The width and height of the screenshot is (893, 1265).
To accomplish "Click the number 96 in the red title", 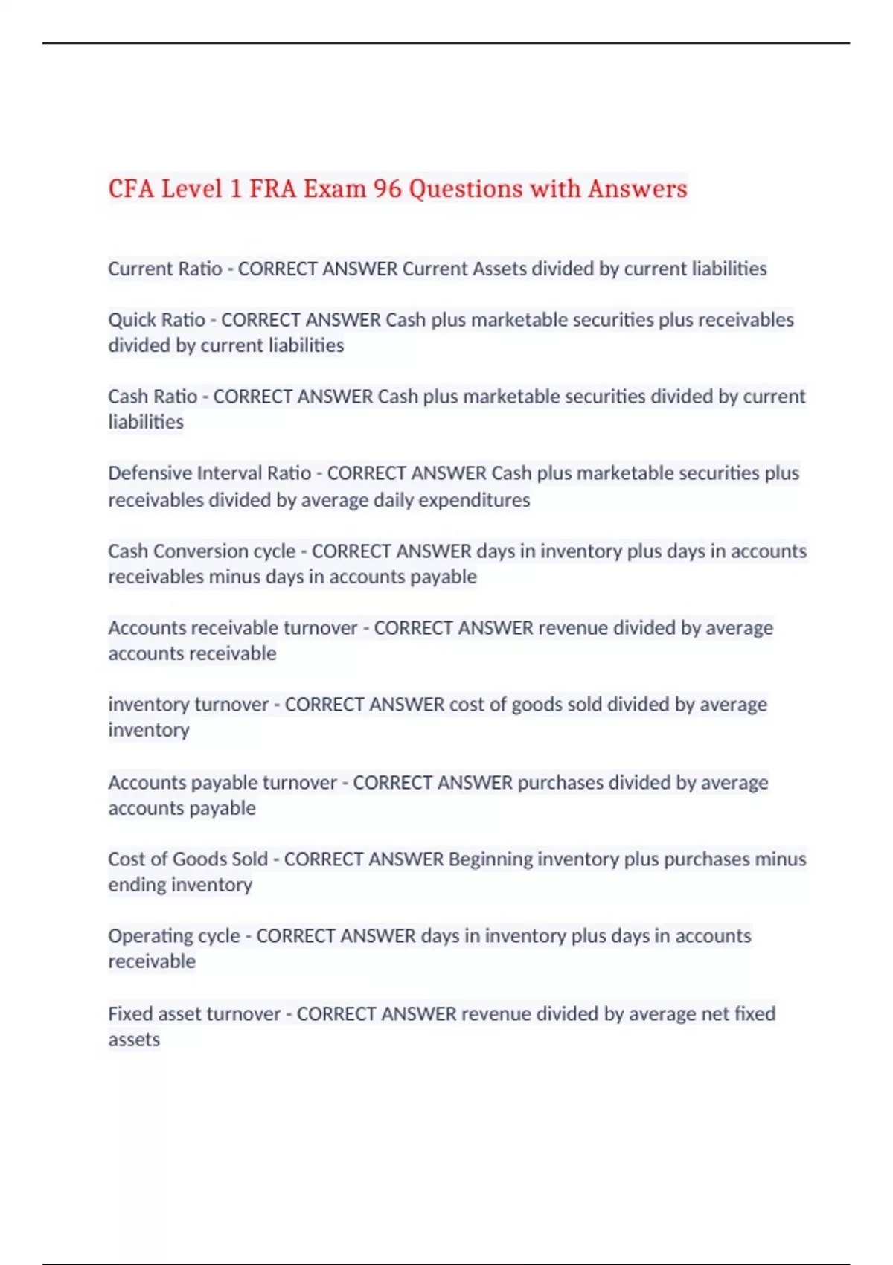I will pos(387,189).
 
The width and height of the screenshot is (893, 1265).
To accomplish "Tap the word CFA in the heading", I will pos(131,189).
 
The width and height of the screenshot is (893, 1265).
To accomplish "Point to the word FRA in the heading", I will pos(272,189).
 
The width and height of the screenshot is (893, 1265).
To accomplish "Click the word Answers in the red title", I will pos(637,189).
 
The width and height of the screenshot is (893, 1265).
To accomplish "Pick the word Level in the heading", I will pos(192,189).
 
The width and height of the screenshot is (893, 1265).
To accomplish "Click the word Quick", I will pos(131,320).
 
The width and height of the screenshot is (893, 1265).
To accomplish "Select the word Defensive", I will pos(150,473).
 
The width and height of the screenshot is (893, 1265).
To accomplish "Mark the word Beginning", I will pos(490,859).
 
